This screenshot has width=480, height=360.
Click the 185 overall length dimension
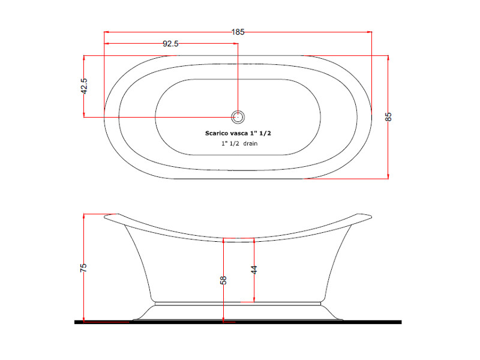pos(238,32)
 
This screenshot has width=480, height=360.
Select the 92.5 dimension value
pos(170,44)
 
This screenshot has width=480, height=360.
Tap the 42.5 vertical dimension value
pos(84,86)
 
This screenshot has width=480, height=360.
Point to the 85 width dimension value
pos(388,117)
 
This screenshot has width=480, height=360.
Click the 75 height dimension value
pos(83,268)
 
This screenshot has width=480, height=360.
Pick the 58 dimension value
pos(223,280)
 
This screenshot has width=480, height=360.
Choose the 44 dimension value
pos(254,269)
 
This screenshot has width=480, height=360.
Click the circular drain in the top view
pos(238,117)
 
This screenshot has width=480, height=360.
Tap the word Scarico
pos(217,133)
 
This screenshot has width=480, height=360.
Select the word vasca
pos(239,133)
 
